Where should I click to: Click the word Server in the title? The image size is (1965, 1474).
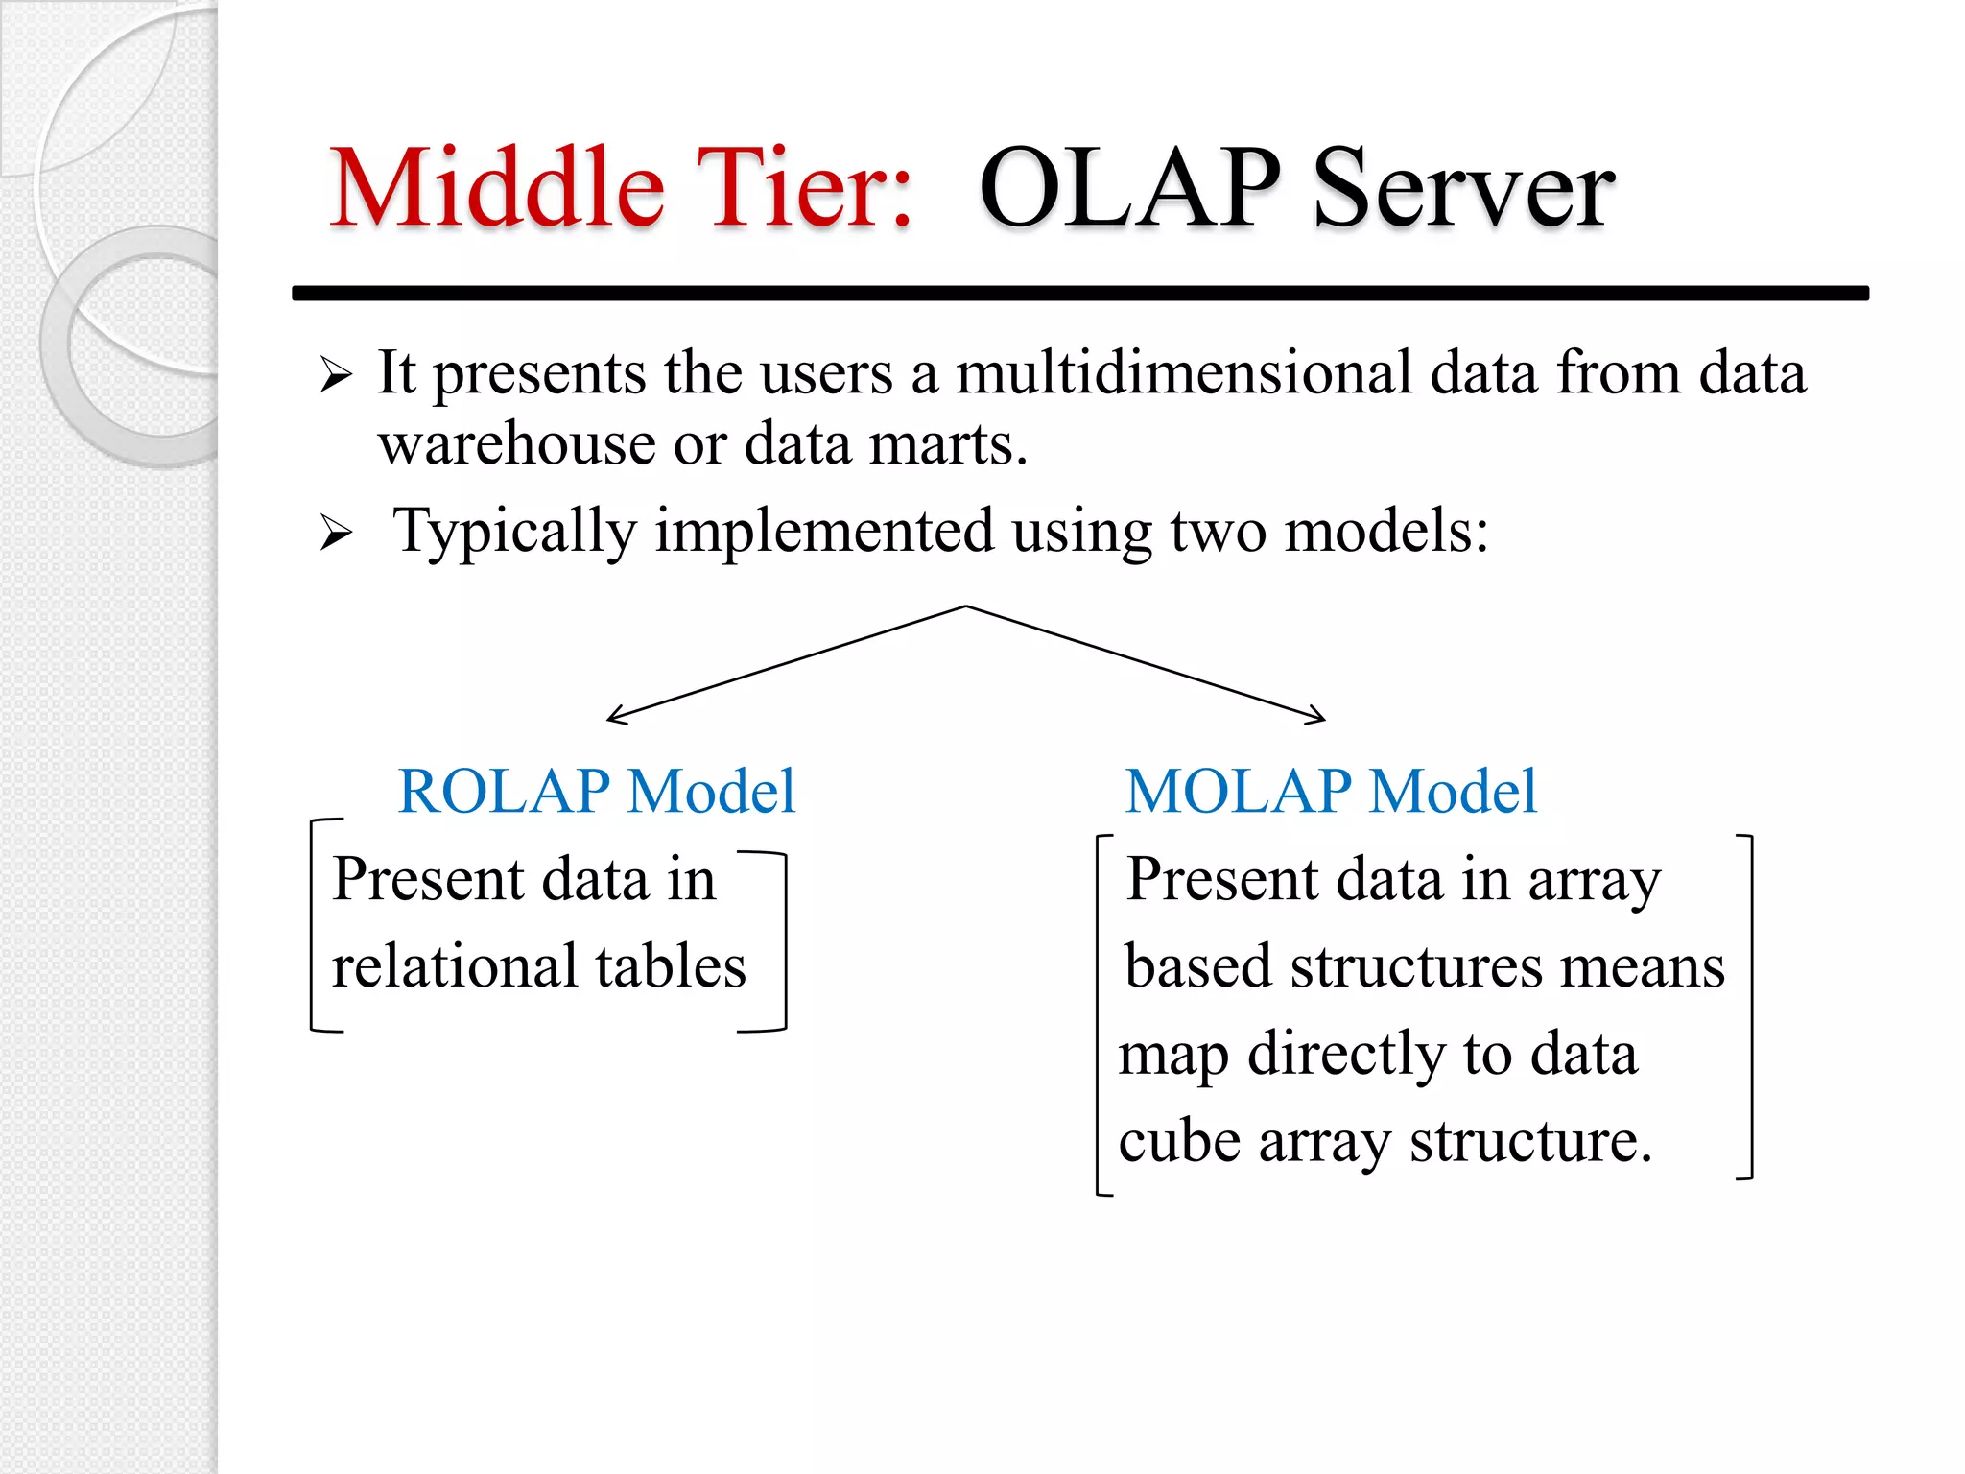(x=1463, y=189)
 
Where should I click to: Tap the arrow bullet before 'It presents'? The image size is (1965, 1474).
(x=336, y=375)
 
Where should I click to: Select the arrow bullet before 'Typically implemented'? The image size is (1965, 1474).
(x=336, y=533)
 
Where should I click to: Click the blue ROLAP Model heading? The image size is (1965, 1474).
(x=596, y=792)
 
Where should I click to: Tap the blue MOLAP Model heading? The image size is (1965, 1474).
(x=1331, y=792)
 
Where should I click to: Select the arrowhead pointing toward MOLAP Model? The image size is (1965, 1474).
(x=1319, y=716)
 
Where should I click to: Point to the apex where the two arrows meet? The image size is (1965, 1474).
(x=966, y=606)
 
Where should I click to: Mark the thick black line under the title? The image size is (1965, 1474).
(x=1080, y=293)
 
